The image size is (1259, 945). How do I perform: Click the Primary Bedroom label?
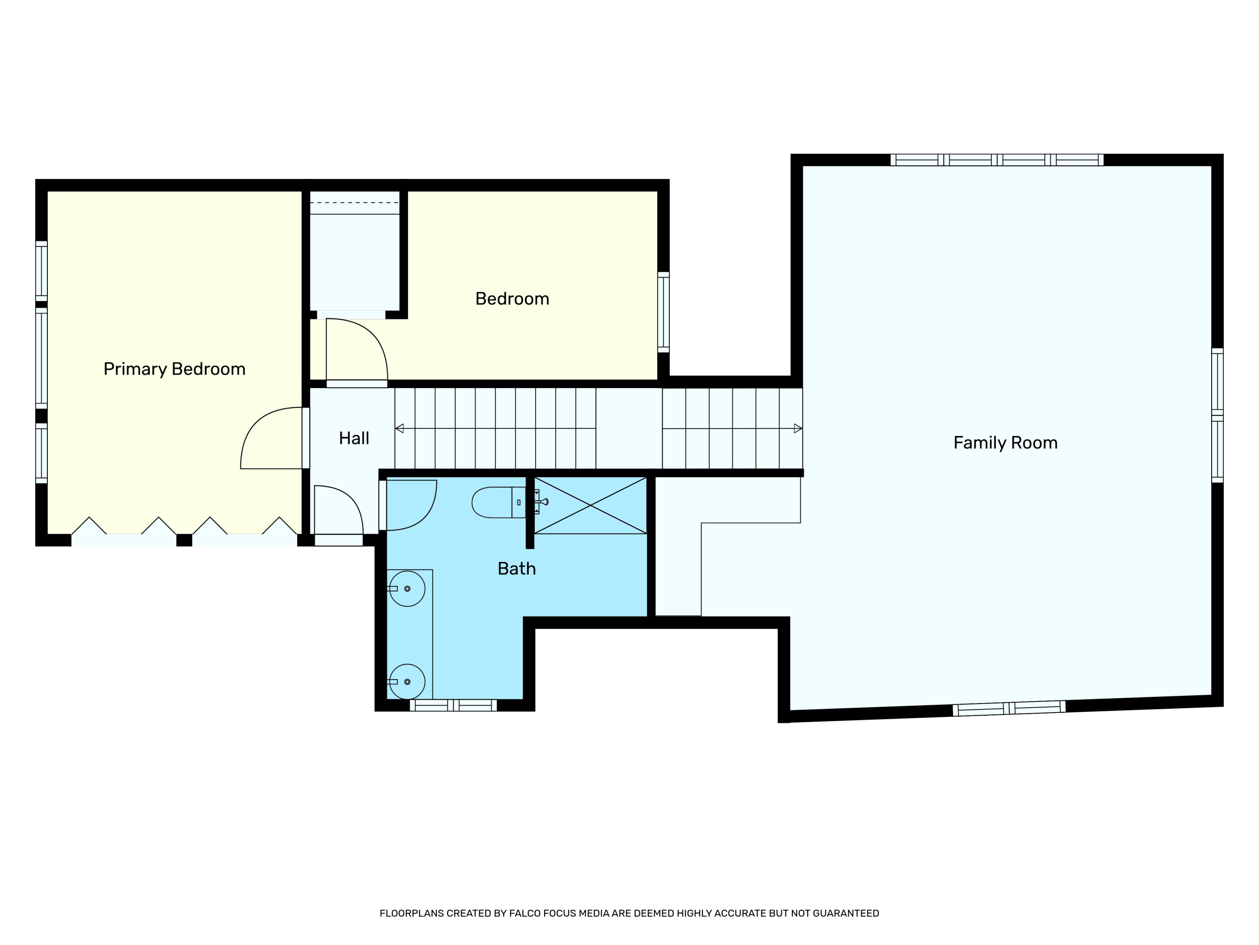(174, 369)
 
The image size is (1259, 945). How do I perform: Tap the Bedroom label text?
(512, 299)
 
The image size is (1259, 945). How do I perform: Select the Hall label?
(354, 438)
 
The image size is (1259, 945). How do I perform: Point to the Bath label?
(517, 569)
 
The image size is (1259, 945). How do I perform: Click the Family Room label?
(1005, 443)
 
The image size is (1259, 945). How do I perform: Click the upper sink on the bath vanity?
(407, 588)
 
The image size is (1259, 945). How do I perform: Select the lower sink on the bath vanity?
(407, 682)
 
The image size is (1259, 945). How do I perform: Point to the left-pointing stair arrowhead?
(400, 428)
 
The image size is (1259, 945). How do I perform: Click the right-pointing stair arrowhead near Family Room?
(798, 428)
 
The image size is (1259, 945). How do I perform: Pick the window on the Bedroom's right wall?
(663, 312)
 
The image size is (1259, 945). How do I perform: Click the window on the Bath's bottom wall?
(453, 705)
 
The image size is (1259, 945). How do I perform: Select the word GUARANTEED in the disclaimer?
(846, 913)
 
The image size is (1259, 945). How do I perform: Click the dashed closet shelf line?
(354, 203)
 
